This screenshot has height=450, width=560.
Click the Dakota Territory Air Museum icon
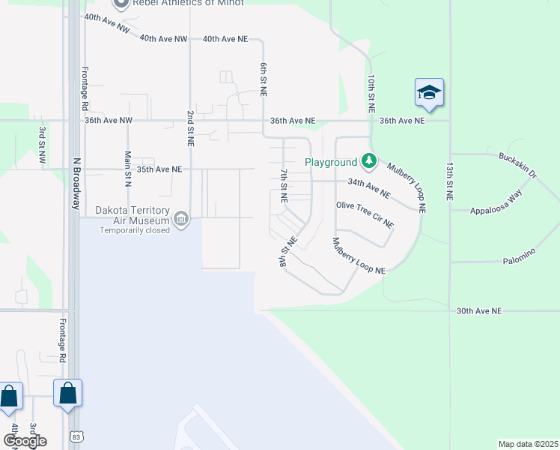180,220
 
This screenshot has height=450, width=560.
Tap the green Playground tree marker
368,161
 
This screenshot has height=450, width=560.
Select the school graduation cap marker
429,92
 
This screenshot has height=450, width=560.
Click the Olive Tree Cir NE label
365,215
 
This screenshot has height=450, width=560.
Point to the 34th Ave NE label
369,188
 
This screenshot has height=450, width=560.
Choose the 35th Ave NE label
157,169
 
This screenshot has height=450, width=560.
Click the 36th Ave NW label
108,120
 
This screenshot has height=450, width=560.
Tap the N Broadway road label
76,183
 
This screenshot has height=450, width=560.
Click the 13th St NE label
449,180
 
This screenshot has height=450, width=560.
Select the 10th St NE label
371,93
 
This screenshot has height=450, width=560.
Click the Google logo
24,441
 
